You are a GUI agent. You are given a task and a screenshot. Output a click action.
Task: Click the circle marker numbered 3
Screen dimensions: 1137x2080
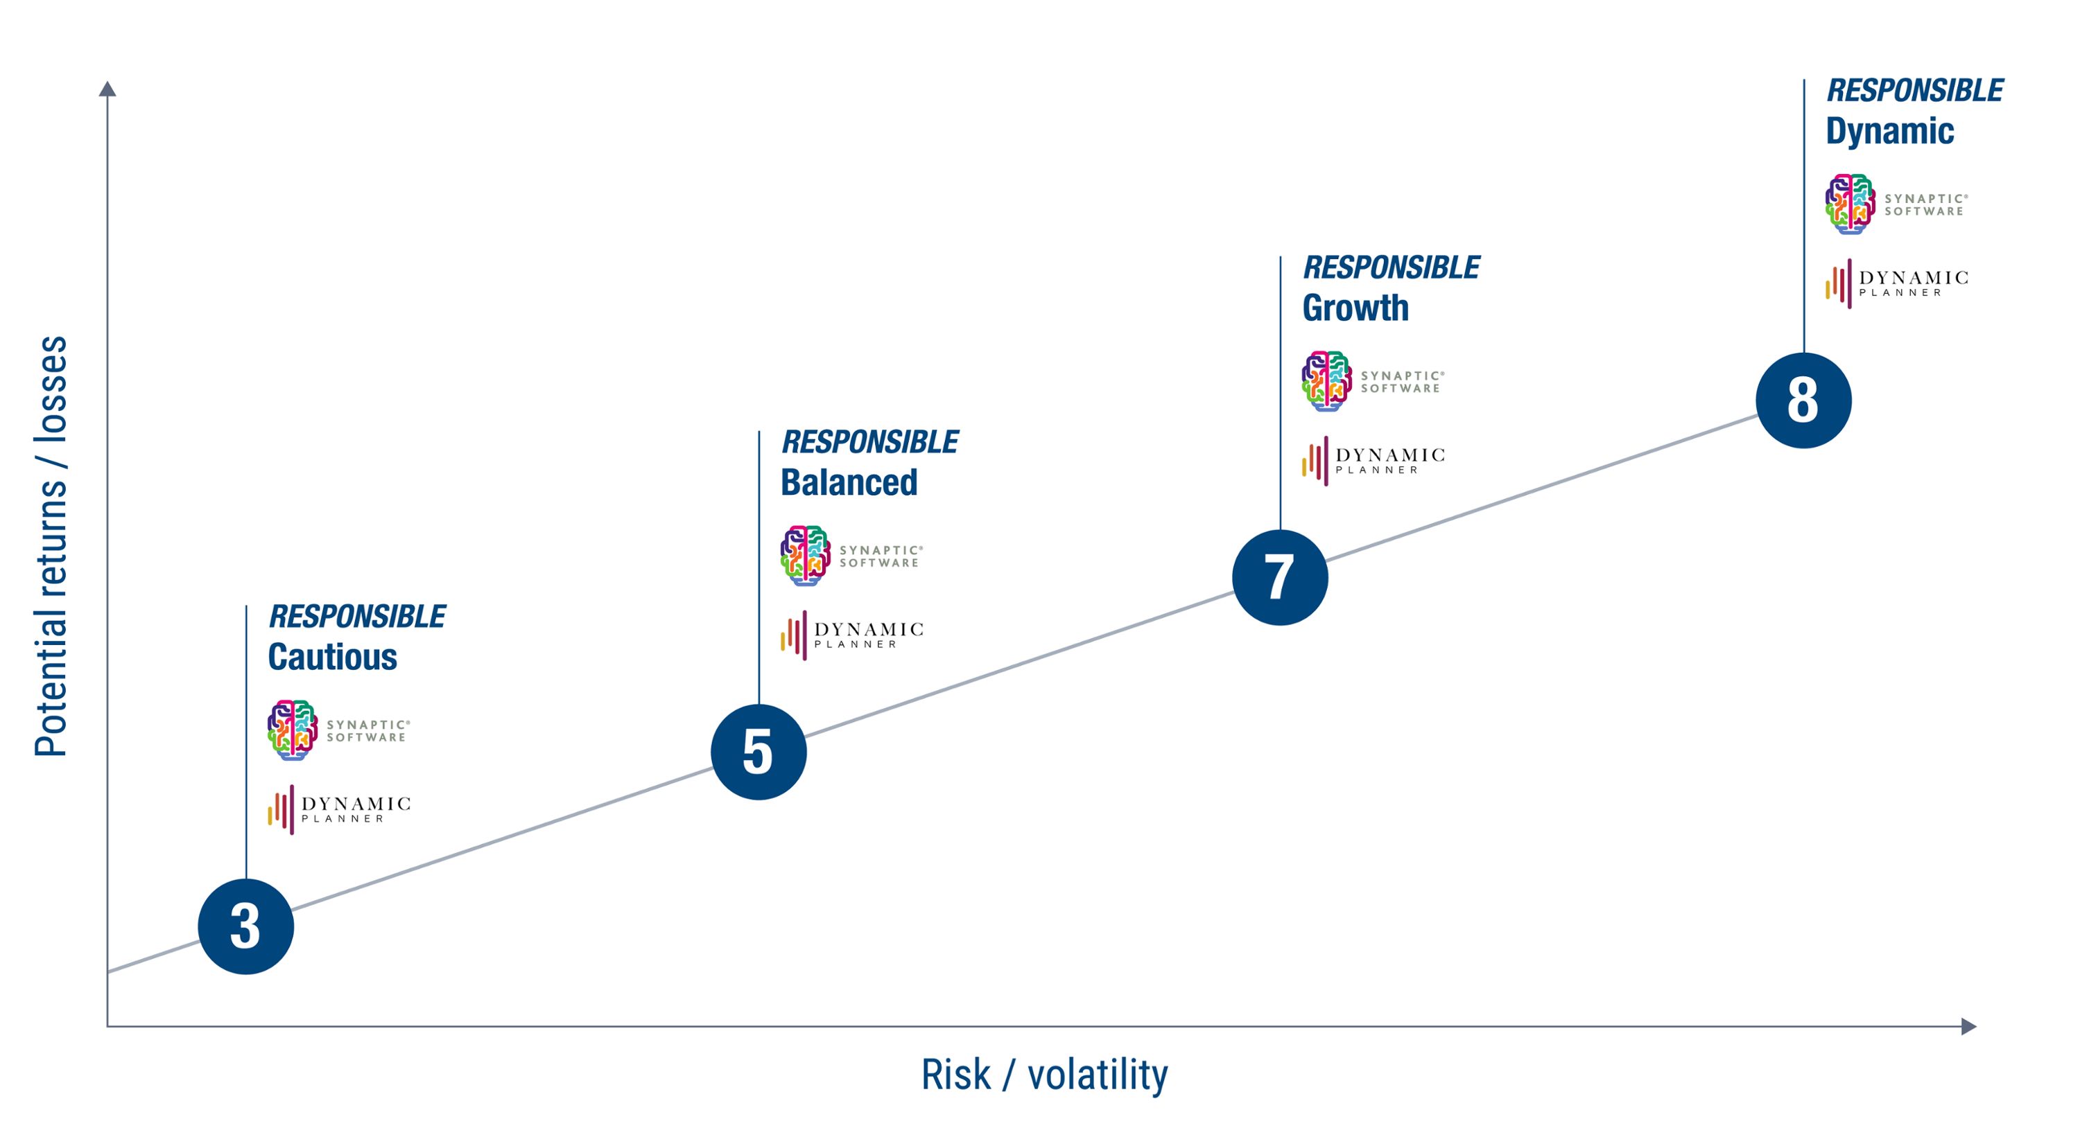coord(245,926)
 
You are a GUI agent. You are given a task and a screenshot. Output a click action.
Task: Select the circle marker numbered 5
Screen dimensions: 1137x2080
coord(759,751)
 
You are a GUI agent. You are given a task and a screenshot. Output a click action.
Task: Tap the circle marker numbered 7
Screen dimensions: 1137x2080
coord(1280,577)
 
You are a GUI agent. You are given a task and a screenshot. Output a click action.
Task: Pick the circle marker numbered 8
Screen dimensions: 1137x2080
coord(1803,400)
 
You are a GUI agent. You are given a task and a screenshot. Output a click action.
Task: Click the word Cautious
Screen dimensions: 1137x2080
coord(333,657)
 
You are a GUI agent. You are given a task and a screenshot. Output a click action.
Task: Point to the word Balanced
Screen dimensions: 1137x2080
coord(849,482)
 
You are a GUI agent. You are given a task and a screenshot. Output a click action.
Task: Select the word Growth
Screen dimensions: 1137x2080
coord(1355,308)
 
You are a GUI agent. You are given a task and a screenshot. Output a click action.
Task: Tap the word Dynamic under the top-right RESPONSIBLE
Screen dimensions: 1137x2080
coord(1889,131)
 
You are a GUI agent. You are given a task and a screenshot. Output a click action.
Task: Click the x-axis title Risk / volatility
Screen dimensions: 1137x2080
coord(1044,1074)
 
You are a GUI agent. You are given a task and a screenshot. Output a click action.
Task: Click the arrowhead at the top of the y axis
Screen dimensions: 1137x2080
coord(107,88)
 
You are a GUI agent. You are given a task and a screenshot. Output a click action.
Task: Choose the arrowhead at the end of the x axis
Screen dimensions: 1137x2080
coord(1968,1025)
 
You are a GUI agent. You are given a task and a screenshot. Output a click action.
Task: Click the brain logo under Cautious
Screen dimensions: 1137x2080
coord(293,730)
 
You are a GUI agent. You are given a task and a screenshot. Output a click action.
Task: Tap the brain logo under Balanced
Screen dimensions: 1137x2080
coord(805,555)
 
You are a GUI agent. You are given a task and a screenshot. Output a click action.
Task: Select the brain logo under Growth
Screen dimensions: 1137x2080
coord(1326,381)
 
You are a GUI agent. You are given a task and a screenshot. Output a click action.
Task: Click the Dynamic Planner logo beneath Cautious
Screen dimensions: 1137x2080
coord(339,809)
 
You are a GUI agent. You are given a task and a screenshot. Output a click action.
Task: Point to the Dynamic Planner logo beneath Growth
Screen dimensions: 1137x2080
coord(1373,461)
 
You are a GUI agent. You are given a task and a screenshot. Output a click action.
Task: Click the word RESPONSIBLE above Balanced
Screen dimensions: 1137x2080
coord(869,442)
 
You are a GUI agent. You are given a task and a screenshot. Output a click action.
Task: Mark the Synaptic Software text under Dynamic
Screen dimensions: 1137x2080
coord(1926,205)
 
